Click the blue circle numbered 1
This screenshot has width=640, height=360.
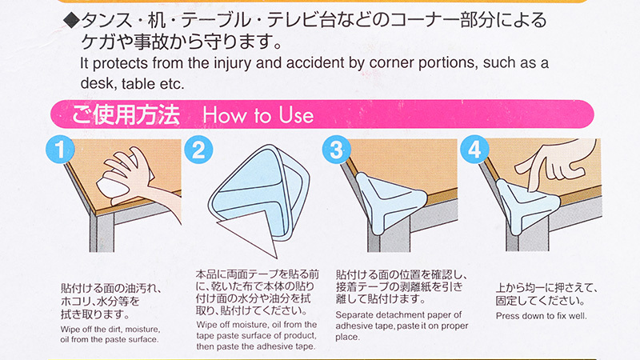[60, 150]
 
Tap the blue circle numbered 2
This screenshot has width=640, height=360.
[198, 150]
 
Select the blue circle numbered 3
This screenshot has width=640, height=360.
[336, 150]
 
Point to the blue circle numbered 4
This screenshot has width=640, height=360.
[474, 150]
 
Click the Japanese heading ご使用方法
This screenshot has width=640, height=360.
[126, 114]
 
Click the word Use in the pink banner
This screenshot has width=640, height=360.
[296, 115]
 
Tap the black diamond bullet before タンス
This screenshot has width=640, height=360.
[72, 21]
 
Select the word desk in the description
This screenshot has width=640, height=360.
[95, 83]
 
